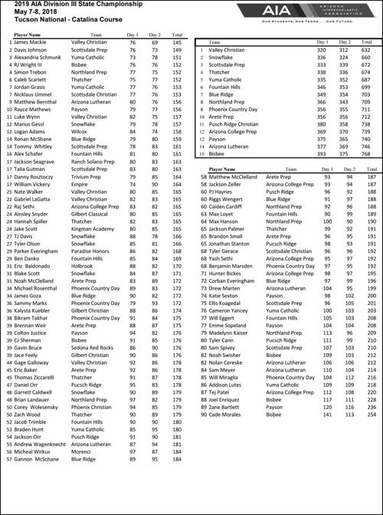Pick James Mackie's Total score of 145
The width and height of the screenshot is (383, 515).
click(x=178, y=42)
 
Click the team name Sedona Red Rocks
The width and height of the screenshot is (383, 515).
click(x=95, y=347)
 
